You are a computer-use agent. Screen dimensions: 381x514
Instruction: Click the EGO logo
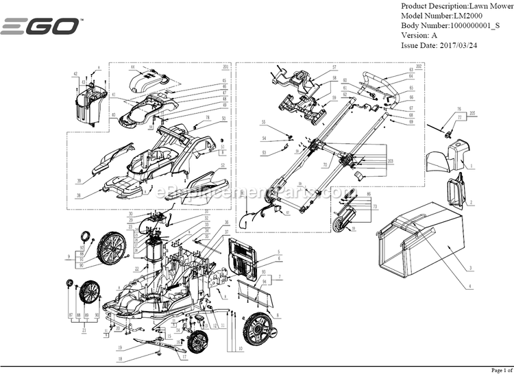pyautogui.click(x=40, y=27)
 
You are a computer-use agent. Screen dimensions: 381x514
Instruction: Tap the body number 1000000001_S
pyautogui.click(x=484, y=25)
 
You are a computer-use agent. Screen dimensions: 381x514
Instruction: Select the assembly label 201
pyautogui.click(x=225, y=66)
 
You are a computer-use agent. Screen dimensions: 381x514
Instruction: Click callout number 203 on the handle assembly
pyautogui.click(x=391, y=160)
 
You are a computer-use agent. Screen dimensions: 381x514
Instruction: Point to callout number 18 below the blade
pyautogui.click(x=119, y=358)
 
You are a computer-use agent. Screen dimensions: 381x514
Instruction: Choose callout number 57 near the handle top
pyautogui.click(x=334, y=67)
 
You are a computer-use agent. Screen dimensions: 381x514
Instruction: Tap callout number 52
pyautogui.click(x=223, y=165)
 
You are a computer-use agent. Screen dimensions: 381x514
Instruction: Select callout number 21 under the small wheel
pyautogui.click(x=83, y=330)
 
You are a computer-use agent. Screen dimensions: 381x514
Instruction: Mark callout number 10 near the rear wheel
pyautogui.click(x=240, y=349)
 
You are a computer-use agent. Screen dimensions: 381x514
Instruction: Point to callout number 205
pyautogui.click(x=472, y=112)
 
